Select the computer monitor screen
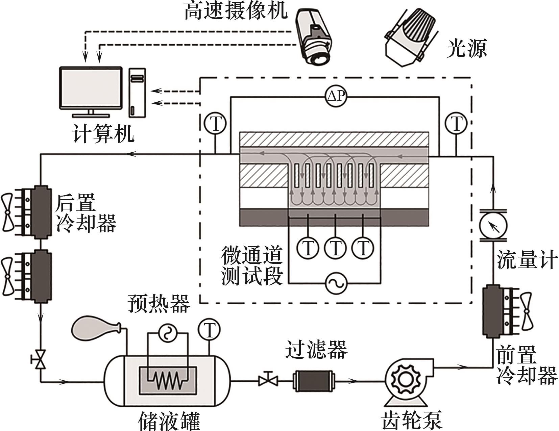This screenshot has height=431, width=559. pos(91,87)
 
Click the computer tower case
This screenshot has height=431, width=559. pos(137,92)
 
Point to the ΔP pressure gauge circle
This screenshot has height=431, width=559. pos(336,97)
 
